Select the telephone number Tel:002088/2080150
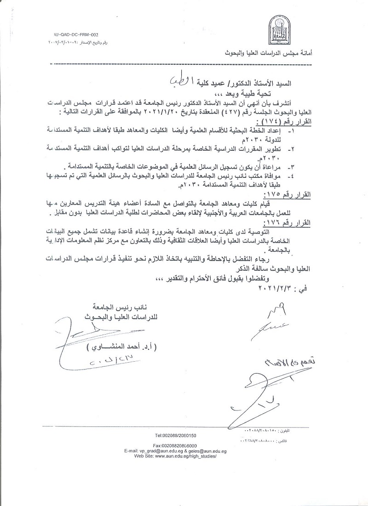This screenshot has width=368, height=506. (x=176, y=435)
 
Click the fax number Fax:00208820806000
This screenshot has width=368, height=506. (x=175, y=445)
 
